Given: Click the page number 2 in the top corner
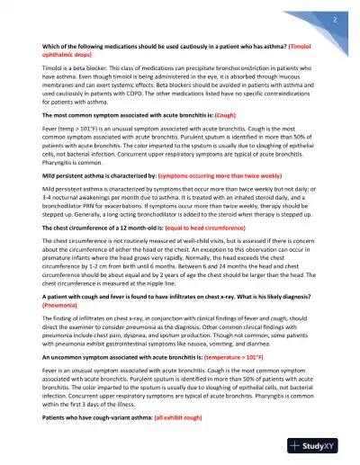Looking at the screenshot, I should [x=333, y=18].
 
